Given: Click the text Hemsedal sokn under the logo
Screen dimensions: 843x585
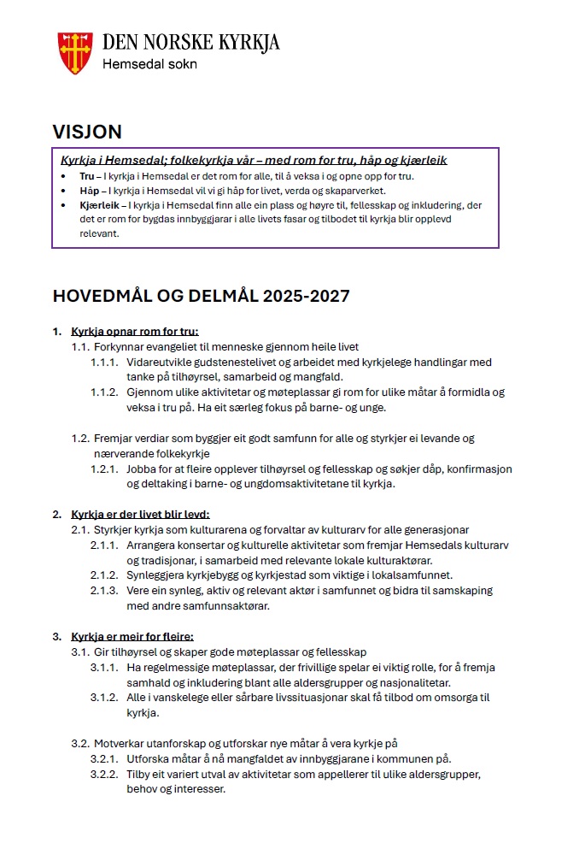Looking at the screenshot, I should coord(149,63).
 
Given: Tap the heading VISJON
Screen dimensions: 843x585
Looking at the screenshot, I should coord(87,132).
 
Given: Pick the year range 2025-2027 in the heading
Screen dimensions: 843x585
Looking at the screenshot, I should coord(306,297).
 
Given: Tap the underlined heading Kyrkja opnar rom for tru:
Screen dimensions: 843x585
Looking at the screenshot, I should coord(140,332).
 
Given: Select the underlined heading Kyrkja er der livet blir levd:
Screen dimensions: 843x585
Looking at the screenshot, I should coord(140,515).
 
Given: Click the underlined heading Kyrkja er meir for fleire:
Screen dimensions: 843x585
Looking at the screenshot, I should coord(132,636).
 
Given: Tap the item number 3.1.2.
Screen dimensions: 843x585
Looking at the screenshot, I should coord(104,698).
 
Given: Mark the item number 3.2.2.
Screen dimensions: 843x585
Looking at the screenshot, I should coord(104,774).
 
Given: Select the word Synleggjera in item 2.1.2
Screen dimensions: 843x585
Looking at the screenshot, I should coord(157,575).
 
